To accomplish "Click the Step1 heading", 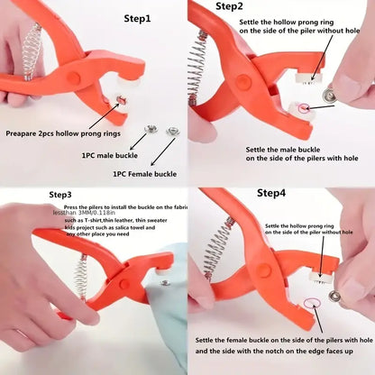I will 137,18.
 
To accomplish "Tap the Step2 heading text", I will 229,7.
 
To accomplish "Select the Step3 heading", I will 60,194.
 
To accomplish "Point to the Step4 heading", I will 270,193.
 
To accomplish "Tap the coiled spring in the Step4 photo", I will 220,244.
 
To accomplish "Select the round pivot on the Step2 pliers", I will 244,81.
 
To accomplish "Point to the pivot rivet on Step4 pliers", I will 264,270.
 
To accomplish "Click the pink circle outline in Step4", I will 313,305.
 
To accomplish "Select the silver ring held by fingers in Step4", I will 335,296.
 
